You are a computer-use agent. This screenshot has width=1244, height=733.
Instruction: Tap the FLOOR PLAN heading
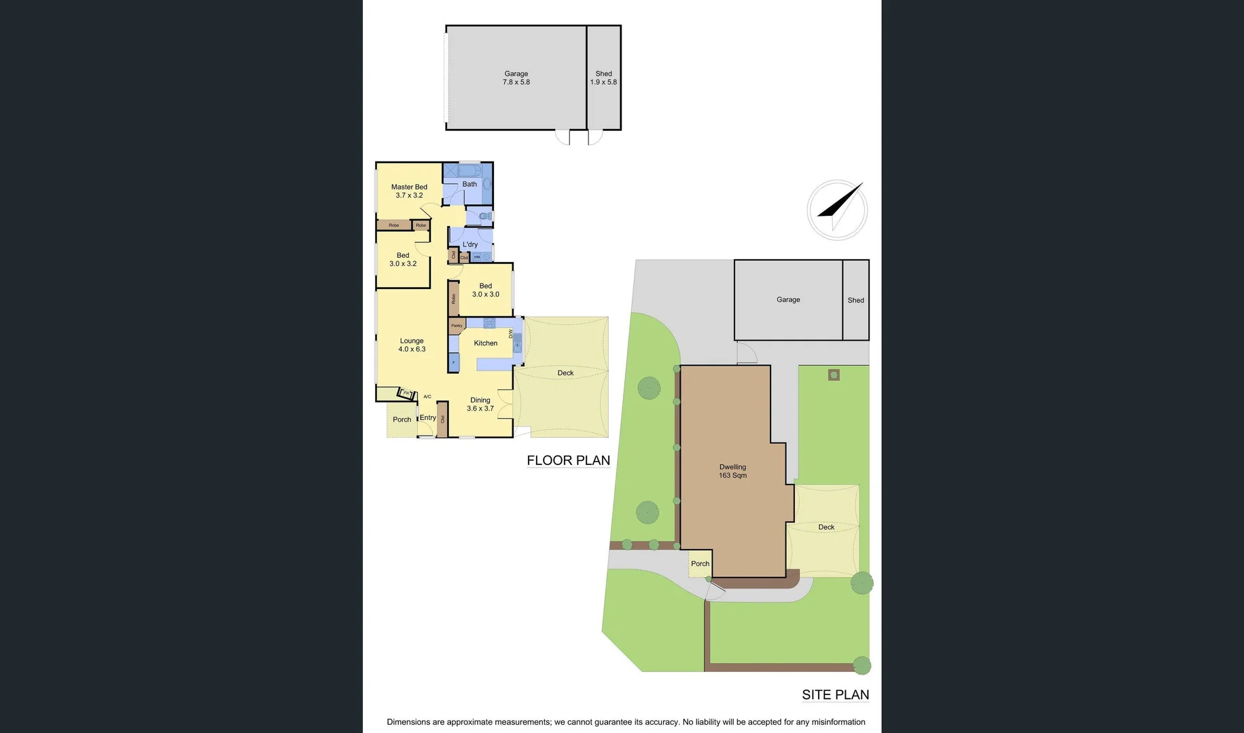pos(568,460)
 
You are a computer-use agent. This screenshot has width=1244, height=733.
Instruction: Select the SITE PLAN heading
pos(835,694)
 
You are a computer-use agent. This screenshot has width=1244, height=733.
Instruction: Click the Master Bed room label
pos(409,191)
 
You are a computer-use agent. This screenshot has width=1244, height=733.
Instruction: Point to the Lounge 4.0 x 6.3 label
pos(412,345)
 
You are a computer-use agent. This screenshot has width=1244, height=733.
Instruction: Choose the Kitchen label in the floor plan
pos(485,343)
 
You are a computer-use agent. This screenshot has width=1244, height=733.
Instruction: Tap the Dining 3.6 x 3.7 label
pos(480,404)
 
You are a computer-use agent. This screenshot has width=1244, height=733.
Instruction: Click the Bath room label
pos(469,184)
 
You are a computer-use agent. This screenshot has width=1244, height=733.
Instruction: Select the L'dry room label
pos(470,244)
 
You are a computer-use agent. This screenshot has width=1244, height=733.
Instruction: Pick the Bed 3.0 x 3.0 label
pos(485,290)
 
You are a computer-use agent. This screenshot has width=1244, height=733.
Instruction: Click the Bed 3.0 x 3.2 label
pos(403,259)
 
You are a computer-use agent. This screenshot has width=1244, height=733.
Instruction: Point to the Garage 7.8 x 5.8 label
pos(516,77)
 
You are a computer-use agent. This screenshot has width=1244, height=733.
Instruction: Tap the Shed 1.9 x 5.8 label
pos(603,77)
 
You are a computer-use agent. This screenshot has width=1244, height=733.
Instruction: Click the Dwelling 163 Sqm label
pos(732,471)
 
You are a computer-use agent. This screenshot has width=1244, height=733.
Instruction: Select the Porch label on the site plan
pos(700,563)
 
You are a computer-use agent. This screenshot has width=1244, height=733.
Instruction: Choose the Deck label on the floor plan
pos(565,373)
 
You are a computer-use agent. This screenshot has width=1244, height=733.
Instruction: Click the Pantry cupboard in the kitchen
pos(457,326)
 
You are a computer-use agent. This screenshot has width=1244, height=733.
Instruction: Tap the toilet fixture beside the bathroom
pos(484,216)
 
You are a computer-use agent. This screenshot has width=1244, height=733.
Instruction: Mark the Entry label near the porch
pos(427,417)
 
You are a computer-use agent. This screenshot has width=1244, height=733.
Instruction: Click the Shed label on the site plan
pos(855,300)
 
